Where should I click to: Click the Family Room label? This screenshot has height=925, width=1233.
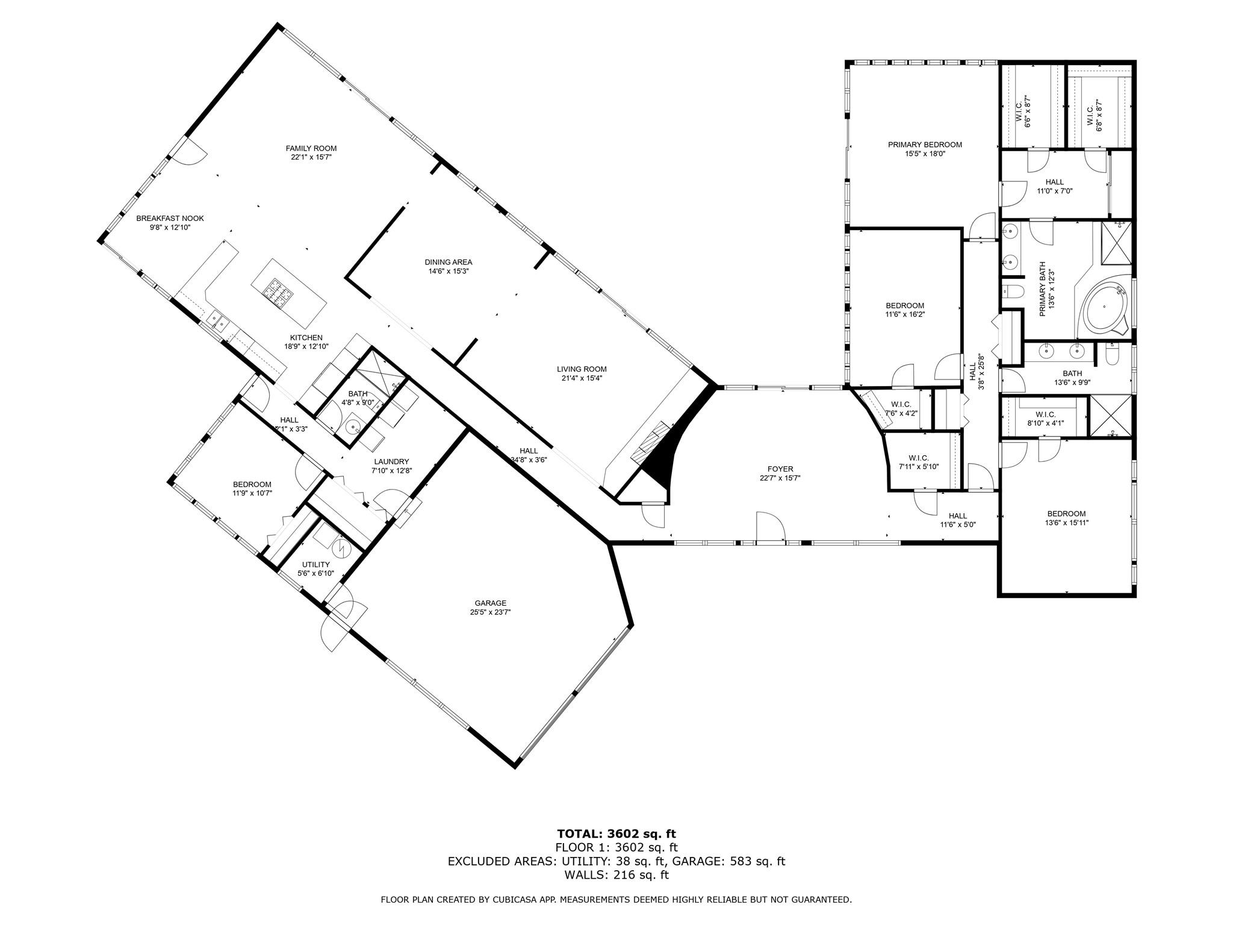[x=311, y=148]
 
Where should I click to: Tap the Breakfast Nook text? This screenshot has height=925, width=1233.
[x=170, y=219]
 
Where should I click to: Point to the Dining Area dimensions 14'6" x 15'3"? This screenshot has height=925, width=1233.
[x=448, y=271]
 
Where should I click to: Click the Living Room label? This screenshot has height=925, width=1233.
[x=581, y=369]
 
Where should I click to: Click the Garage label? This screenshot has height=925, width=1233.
[x=490, y=603]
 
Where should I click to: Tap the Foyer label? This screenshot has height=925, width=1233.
[x=780, y=469]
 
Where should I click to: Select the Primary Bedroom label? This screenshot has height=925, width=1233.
[x=924, y=145]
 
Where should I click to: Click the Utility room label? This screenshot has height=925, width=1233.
[x=315, y=564]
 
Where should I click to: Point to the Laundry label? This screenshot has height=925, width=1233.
[x=391, y=461]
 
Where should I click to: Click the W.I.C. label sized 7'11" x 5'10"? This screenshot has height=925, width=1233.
[x=918, y=458]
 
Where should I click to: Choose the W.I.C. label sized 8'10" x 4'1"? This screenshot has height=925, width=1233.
[x=1045, y=414]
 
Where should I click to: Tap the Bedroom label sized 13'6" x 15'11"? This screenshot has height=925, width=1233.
[x=1066, y=514]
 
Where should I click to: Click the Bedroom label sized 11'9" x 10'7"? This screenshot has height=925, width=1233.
[x=252, y=484]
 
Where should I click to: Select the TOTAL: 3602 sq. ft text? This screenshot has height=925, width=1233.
[x=616, y=834]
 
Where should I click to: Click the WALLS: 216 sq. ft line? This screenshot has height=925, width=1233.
[x=616, y=875]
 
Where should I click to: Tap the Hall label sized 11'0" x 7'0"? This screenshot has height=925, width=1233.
[x=1054, y=182]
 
